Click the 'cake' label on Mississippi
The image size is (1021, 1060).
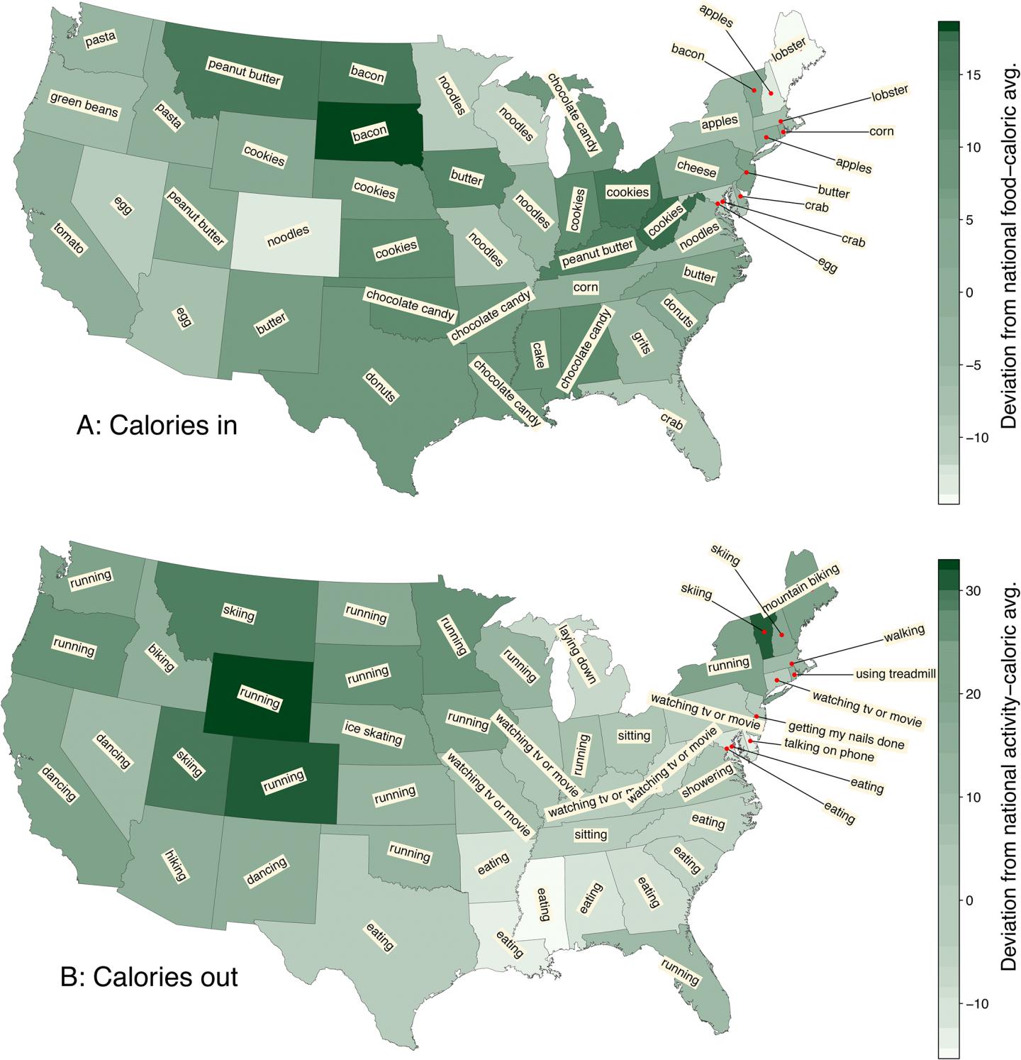coord(539,355)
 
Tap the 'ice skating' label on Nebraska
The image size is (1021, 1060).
coord(373,732)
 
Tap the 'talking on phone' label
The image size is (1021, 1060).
coord(828,751)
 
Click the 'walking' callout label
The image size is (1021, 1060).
coord(904,631)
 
